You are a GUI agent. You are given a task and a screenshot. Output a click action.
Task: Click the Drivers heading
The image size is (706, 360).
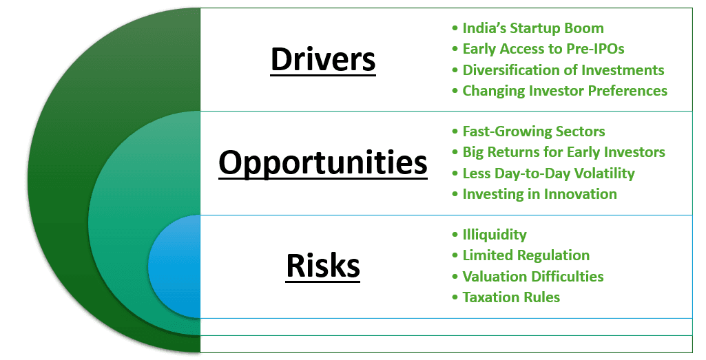[x=323, y=59]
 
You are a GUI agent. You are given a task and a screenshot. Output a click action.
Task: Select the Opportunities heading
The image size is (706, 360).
[x=323, y=162]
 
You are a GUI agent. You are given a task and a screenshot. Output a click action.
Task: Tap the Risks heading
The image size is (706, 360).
[x=323, y=266]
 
